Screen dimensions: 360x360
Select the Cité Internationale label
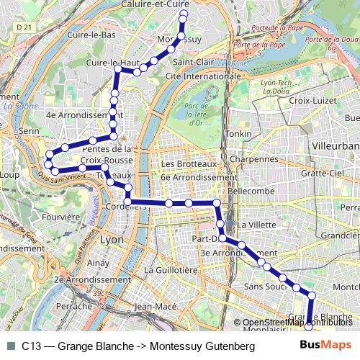(x=201, y=76)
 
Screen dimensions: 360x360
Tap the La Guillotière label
(x=171, y=269)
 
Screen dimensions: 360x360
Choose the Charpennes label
(x=258, y=158)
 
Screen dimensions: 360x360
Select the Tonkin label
(x=238, y=134)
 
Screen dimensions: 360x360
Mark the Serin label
(x=29, y=131)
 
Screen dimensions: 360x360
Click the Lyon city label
(x=112, y=239)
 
